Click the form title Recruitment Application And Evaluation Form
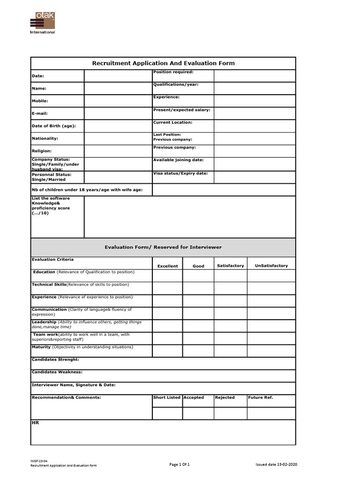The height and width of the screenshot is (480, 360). tap(163, 63)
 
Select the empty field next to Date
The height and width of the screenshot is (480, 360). tap(118, 76)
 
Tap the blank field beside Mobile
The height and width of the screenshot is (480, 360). tap(118, 101)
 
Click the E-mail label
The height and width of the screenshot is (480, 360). tap(39, 113)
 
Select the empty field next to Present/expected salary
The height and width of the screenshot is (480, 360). tap(255, 113)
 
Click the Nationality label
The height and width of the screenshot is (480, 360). tap(45, 139)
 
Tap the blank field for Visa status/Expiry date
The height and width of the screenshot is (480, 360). tap(255, 177)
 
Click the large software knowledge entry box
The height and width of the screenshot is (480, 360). tap(190, 217)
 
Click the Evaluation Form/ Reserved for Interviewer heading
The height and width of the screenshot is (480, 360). tap(163, 247)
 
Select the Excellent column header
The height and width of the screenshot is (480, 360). tap(167, 266)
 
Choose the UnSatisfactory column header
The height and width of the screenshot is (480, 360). tap(271, 266)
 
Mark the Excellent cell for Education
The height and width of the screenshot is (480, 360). tap(167, 276)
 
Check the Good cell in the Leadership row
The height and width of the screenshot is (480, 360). tap(198, 326)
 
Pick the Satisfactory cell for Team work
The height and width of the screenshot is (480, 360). tap(231, 338)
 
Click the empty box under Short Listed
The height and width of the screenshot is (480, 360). tap(167, 413)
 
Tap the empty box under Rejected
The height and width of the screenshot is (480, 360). tap(231, 413)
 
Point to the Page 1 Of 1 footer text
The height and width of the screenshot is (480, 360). tap(180, 464)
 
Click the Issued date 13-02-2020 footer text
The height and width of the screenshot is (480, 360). tap(276, 464)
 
